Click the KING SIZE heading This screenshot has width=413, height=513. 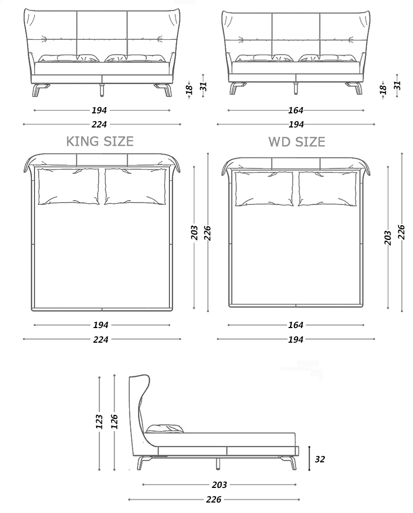coord(99,141)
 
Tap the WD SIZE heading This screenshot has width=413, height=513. coord(296,142)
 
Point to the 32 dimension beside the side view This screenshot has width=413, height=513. coord(320,459)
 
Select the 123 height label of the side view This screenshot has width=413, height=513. coord(99,422)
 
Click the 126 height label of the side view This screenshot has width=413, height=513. coord(114,422)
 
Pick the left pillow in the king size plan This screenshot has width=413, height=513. coord(68,186)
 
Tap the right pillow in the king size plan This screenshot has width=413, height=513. coord(135,186)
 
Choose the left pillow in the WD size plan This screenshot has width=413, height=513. coord(264,189)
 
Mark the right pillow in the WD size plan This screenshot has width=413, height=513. coord(327,189)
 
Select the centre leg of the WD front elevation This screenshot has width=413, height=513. coord(296,89)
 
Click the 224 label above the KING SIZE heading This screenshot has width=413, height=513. coord(99,124)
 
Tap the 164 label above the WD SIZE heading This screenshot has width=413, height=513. coord(296,110)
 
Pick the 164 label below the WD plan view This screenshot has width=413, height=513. coord(296,325)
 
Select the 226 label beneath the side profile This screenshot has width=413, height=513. coord(213,499)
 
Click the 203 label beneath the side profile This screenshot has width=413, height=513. coord(220,485)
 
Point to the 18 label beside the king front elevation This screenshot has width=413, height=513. coord(190,89)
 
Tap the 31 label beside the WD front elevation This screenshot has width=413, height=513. coord(397,85)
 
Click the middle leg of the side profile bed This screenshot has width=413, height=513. coord(216,463)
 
